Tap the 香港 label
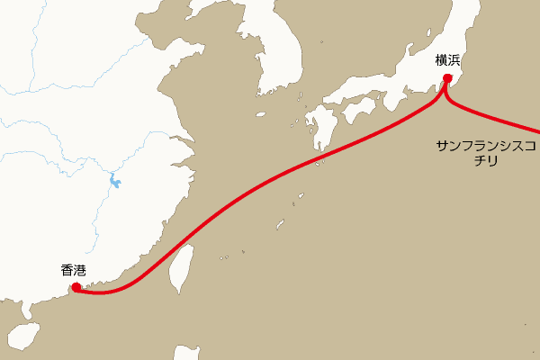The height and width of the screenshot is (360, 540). pos(74,269)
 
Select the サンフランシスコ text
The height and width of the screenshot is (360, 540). pos(486,146)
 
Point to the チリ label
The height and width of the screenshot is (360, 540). pos(486,164)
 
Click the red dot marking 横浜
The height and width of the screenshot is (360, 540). pos(446,80)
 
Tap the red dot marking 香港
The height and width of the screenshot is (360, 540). pos(76,287)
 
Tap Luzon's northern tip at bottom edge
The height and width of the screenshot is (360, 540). pos(187,353)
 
